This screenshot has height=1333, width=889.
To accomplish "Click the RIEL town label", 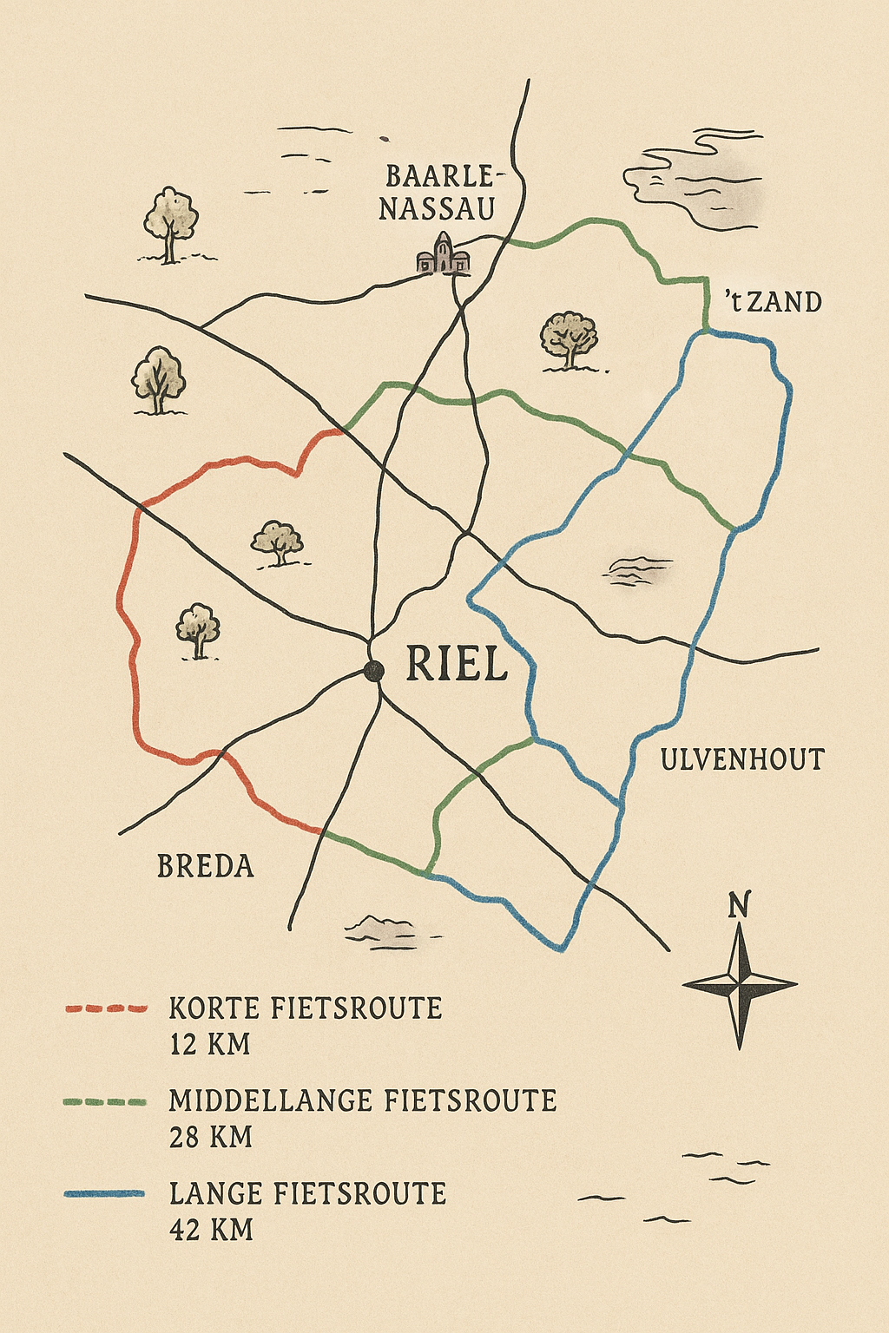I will [x=457, y=665].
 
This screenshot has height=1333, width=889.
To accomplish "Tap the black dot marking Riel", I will [x=374, y=670].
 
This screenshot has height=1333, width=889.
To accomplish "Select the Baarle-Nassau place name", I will [x=438, y=193].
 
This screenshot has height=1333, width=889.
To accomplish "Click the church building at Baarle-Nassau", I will [x=444, y=254].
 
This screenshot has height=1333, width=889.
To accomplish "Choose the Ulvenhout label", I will [x=742, y=760].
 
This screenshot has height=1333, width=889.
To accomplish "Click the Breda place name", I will [x=206, y=866].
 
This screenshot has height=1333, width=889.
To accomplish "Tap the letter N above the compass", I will [x=739, y=905].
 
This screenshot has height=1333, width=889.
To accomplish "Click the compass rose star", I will [x=740, y=985].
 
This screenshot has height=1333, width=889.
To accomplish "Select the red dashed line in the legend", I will [x=106, y=1008].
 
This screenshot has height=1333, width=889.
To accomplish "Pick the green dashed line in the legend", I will [x=106, y=1101].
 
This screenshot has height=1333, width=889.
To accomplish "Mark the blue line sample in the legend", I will [x=106, y=1194].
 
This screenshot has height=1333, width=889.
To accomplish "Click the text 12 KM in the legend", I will [x=210, y=1044].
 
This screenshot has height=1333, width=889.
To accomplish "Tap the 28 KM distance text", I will [x=211, y=1137].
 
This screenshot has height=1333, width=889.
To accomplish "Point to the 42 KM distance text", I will [x=211, y=1230].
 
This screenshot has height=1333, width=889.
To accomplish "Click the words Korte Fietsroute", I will [x=306, y=1008].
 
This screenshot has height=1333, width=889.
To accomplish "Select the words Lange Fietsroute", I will [x=307, y=1194].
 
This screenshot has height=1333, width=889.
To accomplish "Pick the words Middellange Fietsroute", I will [x=363, y=1101].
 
